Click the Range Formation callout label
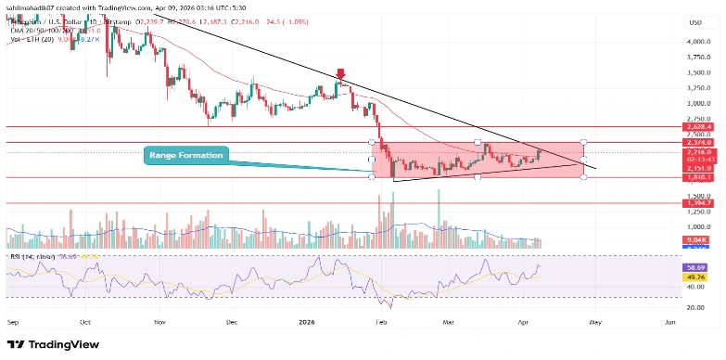click(185, 155)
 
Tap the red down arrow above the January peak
click(341, 74)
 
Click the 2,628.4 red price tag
click(697, 127)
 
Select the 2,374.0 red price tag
click(697, 142)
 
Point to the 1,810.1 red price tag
click(697, 176)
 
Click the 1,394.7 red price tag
click(697, 202)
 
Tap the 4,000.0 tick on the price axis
click(697, 42)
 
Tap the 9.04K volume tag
click(697, 238)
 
